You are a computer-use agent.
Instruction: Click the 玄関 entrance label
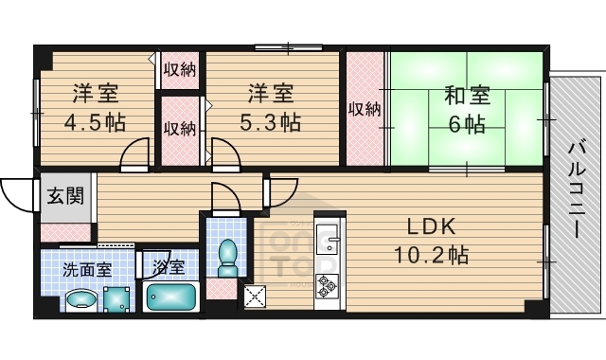65,197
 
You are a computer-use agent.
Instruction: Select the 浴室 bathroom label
169,268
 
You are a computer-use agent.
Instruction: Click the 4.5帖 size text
96,123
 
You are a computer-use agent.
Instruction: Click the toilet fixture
227,253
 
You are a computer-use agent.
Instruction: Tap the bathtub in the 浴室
171,297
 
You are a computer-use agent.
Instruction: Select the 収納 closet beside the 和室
365,108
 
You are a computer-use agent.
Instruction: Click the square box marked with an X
255,296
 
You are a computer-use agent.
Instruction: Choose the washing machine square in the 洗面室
117,300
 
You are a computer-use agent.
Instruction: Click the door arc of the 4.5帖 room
137,152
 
